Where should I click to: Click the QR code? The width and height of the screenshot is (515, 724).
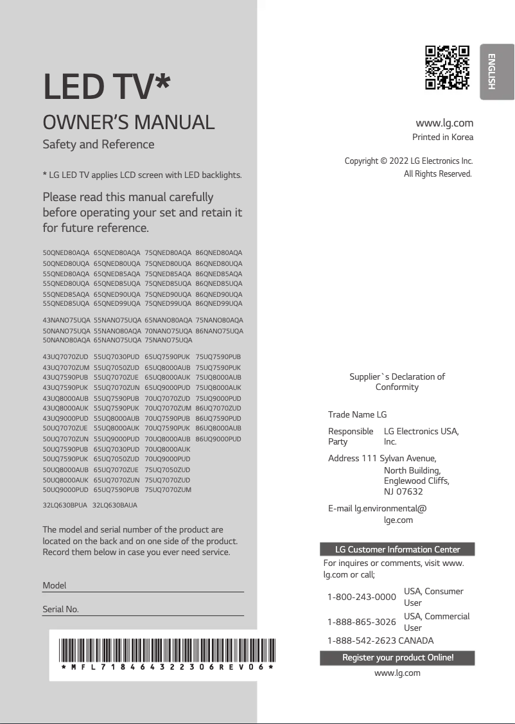pos(448,67)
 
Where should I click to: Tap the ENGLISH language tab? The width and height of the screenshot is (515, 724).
pos(497,71)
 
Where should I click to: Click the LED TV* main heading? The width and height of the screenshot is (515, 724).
pos(107,87)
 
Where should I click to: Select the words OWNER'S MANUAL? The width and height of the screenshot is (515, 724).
pos(128,122)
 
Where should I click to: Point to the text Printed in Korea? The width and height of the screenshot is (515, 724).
pos(442,137)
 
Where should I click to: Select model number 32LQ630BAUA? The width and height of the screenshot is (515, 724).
pos(115,506)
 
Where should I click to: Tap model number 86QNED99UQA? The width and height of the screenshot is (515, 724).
pos(219,303)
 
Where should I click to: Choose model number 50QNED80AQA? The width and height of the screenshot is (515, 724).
pos(66,253)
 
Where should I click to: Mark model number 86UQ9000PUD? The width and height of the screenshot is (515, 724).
pos(218,439)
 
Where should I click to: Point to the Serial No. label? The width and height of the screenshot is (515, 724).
pos(60,609)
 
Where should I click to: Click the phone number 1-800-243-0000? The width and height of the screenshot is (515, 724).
pos(362,597)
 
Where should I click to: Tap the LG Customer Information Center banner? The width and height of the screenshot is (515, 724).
pos(397,549)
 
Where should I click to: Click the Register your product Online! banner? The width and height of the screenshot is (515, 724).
pos(397,658)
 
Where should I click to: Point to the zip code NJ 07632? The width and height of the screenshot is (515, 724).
pos(403,491)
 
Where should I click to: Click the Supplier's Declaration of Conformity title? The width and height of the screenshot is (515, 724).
pos(397,382)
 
